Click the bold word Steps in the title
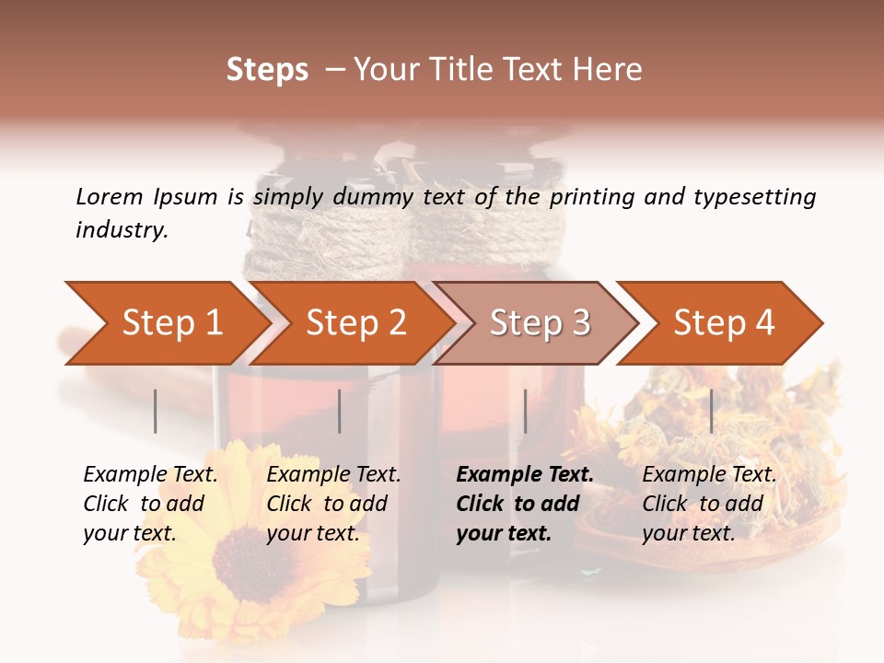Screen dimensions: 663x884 coord(267,70)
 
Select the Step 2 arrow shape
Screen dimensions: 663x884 coord(355,323)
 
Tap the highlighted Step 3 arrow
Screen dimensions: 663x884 coord(540,323)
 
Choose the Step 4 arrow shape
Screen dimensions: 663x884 coord(724,323)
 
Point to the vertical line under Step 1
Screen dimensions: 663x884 coord(156,411)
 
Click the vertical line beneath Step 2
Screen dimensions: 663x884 coord(340,411)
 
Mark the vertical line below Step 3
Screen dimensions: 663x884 coord(526,411)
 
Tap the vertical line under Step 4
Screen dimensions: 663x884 coord(712,411)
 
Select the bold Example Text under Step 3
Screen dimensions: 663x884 coord(524,504)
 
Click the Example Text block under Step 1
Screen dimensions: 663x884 coord(150,504)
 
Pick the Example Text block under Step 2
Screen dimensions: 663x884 coord(333,504)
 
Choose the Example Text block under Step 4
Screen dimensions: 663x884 coord(709,504)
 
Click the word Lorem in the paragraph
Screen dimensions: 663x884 coord(110,196)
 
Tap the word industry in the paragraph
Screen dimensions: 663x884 coord(122,230)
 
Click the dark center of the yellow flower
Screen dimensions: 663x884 coord(252,552)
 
